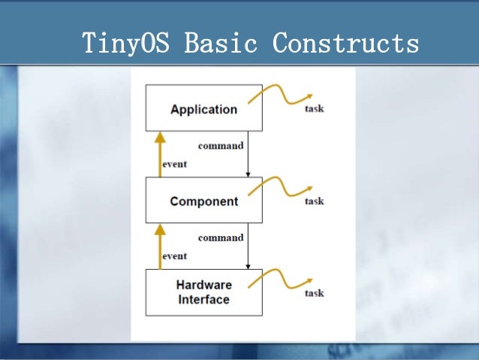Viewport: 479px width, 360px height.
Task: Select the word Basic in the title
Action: [221, 43]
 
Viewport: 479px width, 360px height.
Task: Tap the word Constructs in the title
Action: [346, 43]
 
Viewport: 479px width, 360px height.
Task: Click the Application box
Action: [203, 109]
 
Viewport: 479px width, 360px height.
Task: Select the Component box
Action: [203, 201]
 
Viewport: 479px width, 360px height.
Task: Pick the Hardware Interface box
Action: [203, 292]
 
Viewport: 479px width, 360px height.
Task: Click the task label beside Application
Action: [314, 109]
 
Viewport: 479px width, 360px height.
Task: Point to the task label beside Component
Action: [314, 201]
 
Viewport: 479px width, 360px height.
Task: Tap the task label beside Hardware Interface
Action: [314, 293]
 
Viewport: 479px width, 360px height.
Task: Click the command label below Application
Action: [220, 146]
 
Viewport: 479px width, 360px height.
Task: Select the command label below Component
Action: [220, 237]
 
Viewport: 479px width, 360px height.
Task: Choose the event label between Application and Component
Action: [174, 164]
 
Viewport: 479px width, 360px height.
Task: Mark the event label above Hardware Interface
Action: [174, 256]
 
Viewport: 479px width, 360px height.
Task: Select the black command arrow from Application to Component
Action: [248, 154]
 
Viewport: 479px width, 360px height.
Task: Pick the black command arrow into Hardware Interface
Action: [248, 246]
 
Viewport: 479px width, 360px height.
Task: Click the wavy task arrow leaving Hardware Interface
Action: [282, 280]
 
